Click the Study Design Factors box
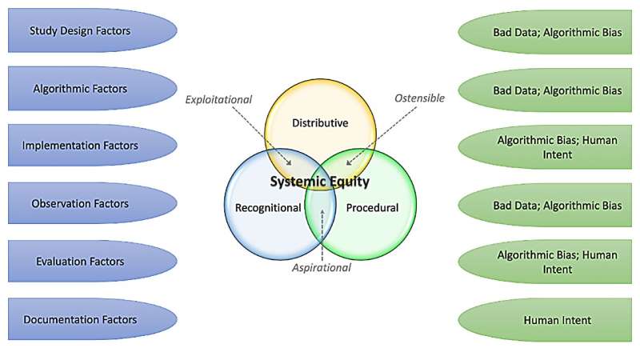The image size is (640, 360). [80, 31]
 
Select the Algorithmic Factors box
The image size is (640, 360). [80, 89]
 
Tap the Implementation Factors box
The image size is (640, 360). [80, 146]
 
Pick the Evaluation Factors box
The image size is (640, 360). [80, 262]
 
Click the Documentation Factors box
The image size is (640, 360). [80, 320]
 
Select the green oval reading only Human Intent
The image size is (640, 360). [557, 320]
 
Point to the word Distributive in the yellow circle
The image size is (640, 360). [319, 123]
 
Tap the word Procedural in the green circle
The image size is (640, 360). [372, 208]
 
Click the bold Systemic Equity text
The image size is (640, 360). [319, 182]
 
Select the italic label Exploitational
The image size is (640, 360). [218, 100]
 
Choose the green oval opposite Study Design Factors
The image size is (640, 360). [557, 31]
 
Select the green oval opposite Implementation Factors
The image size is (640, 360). [557, 146]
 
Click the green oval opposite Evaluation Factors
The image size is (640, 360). [557, 262]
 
